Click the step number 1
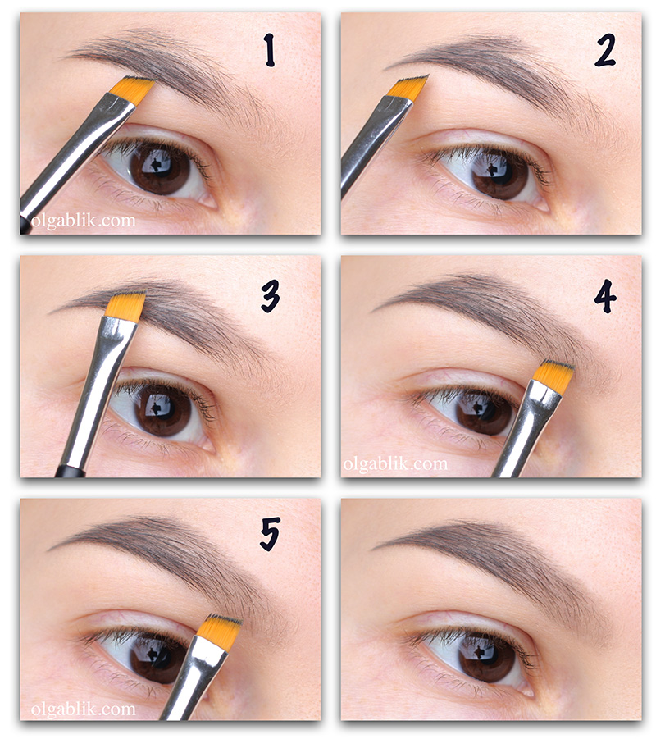(269, 49)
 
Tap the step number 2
(604, 51)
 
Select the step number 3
(271, 296)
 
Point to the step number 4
(604, 296)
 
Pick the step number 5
(270, 534)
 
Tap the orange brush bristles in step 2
(409, 88)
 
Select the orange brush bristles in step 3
(125, 306)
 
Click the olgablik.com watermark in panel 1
(83, 220)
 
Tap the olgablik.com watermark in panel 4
(395, 463)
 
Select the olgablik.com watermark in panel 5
(83, 709)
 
